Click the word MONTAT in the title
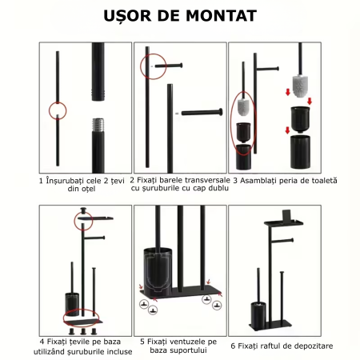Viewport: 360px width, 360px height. [222, 15]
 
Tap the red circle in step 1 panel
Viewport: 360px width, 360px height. [49, 110]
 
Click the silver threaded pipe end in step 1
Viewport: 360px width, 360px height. [98, 124]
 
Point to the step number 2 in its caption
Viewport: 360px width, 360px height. [132, 180]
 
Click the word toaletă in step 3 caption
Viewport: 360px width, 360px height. [324, 181]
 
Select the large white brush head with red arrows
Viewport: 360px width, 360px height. [300, 86]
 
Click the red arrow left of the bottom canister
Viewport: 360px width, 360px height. [287, 130]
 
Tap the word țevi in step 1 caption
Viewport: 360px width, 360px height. [118, 181]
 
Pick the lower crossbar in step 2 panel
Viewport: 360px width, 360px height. [202, 113]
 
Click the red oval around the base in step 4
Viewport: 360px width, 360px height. [63, 318]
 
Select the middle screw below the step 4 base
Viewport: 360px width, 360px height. [83, 331]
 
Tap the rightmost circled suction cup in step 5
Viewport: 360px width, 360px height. [217, 305]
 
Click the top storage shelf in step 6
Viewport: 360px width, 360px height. [284, 222]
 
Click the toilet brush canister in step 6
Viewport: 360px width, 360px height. [258, 315]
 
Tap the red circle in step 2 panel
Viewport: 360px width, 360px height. [141, 66]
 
